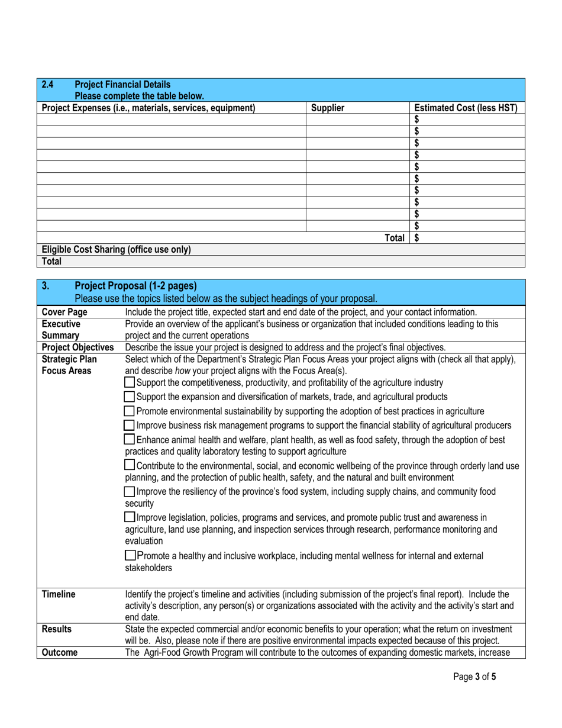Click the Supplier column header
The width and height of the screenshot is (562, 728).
[327, 108]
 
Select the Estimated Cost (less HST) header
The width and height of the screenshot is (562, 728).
[466, 108]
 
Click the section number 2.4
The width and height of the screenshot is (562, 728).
[48, 84]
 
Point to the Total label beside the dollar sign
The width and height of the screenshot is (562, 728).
[395, 238]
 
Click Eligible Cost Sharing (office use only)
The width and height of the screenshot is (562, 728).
[116, 250]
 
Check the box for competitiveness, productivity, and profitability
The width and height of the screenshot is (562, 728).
[130, 383]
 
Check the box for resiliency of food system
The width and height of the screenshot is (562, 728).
[130, 492]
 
